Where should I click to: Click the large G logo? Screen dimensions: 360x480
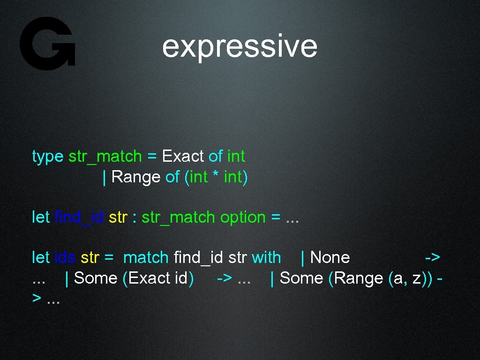click(x=47, y=44)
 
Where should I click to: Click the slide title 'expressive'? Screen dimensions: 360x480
click(x=240, y=46)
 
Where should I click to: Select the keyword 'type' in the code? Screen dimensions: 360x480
click(x=47, y=156)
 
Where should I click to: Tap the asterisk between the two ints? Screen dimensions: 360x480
click(x=216, y=177)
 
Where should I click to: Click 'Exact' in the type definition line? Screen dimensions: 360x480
click(x=182, y=156)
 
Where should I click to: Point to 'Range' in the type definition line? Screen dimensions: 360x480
click(x=136, y=177)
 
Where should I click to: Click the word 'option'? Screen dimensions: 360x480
click(x=243, y=217)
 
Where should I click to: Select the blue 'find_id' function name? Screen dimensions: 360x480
click(x=79, y=217)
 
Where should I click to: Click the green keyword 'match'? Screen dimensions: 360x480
click(x=145, y=257)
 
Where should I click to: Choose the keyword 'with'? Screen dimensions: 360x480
click(x=266, y=257)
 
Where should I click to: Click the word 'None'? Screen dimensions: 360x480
click(x=330, y=257)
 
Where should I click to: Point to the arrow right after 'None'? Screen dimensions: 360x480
click(x=432, y=257)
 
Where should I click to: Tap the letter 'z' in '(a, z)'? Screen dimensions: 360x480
click(x=417, y=278)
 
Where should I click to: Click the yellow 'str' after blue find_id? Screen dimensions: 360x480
click(x=118, y=217)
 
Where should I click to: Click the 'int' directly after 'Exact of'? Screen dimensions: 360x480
click(x=236, y=156)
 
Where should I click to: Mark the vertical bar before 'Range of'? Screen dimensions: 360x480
click(x=105, y=177)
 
